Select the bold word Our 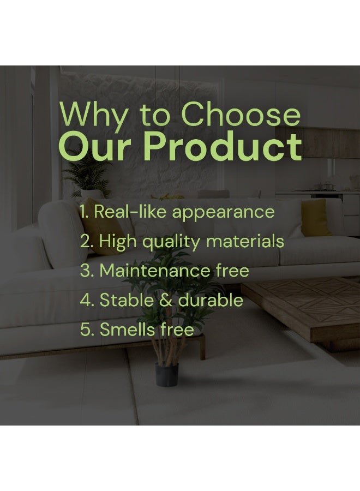pos(94,147)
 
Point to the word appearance pos(223,213)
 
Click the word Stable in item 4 pos(127,300)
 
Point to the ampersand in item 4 pos(166,300)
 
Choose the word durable pos(211,300)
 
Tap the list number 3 pos(87,271)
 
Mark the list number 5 pos(87,330)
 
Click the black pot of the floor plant pos(167,374)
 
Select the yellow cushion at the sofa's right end pos(315,218)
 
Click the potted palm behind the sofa pos(88,177)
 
